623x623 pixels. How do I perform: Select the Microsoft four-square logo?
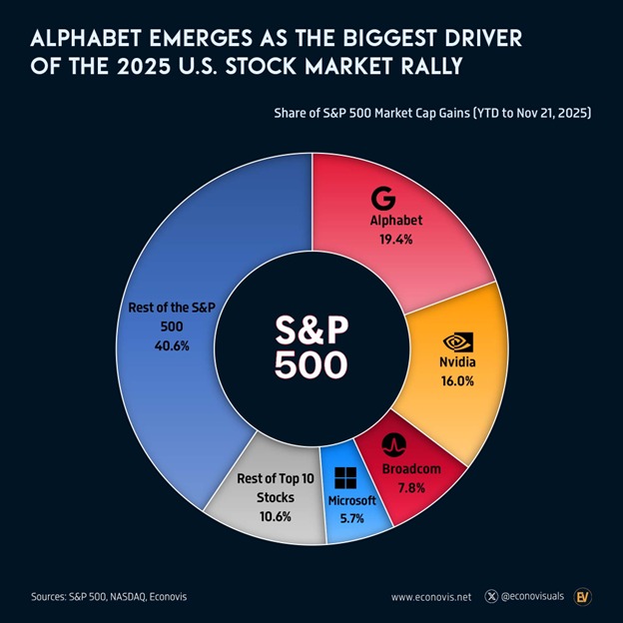coord(345,478)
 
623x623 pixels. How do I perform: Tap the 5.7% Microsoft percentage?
coord(350,517)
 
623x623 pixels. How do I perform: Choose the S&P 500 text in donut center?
coord(312,346)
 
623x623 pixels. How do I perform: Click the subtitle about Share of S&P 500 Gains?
coord(433,114)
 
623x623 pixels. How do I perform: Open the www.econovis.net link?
coord(431,597)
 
